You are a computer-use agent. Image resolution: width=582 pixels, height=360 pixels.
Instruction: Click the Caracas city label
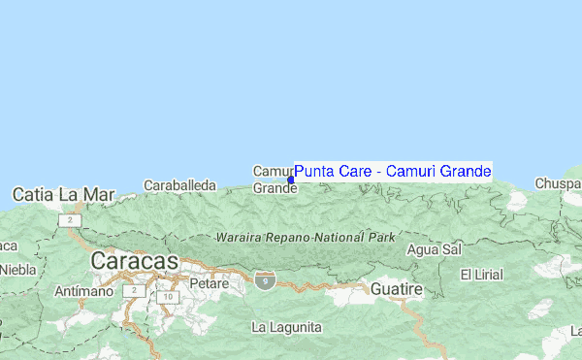(x=135, y=261)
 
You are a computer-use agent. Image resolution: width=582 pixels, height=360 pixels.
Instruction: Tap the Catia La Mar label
(x=63, y=194)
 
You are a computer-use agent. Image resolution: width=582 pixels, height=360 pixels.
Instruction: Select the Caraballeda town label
(x=179, y=184)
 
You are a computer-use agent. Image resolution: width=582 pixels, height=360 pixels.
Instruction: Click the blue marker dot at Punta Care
(x=291, y=180)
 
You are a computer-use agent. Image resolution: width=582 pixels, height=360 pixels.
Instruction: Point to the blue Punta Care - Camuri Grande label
(x=393, y=172)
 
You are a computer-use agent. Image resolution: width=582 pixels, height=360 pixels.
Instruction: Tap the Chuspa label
(x=561, y=183)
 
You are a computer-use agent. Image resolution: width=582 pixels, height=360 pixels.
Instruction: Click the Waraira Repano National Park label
(x=306, y=237)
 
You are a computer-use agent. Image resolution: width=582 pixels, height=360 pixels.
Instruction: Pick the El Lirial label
(x=481, y=275)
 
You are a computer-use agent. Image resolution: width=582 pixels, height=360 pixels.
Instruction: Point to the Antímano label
(x=79, y=290)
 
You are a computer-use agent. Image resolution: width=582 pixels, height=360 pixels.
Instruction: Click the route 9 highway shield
(x=265, y=279)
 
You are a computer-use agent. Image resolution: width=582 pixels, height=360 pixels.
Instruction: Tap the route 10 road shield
(x=168, y=297)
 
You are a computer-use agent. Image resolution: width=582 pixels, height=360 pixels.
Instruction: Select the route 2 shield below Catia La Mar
(x=70, y=220)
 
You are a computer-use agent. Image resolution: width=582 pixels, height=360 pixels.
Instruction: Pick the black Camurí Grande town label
(x=274, y=180)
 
